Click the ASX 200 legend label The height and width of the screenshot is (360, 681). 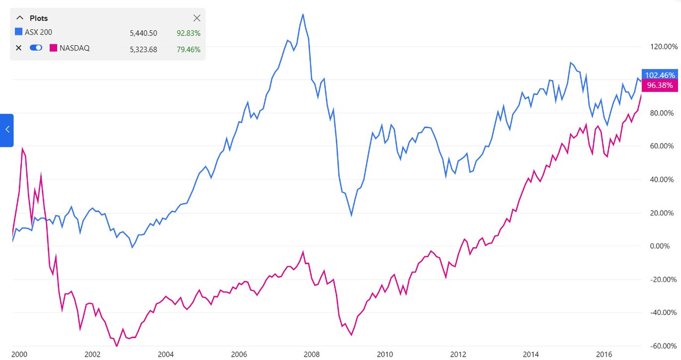pos(38,32)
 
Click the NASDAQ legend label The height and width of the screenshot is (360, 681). pos(74,48)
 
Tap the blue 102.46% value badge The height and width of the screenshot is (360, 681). pos(659,75)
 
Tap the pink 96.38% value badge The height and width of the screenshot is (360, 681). pos(659,85)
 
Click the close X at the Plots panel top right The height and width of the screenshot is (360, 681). pos(196,18)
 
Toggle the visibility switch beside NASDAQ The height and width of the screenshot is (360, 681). pos(36,48)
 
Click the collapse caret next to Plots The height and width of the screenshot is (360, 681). pos(20,18)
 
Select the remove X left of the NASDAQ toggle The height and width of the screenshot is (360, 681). pos(19,48)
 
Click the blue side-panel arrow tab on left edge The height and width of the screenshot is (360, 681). pos(6,130)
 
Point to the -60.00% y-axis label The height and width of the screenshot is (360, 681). pos(662,346)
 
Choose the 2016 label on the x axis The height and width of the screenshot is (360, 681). pos(604,355)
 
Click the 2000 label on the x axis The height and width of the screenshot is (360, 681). pos(19,355)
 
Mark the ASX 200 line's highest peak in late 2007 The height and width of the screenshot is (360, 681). pos(303,14)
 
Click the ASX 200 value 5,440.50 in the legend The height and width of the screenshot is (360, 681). pos(143,33)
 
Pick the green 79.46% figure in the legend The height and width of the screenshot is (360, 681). pos(188,48)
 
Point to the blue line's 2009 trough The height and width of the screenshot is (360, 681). pos(351,215)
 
